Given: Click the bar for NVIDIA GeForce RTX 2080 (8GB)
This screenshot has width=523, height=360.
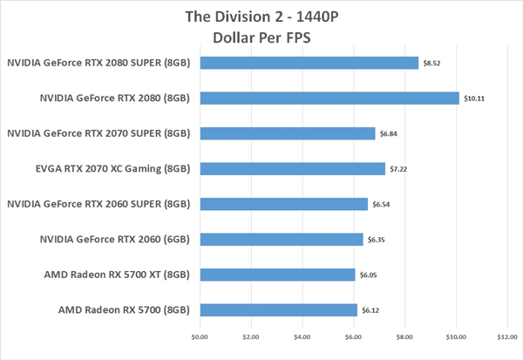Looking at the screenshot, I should click(x=329, y=98).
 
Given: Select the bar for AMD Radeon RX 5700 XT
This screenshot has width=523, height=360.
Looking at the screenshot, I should click(x=277, y=275).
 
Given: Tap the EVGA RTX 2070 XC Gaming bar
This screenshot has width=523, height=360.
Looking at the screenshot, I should click(x=292, y=168).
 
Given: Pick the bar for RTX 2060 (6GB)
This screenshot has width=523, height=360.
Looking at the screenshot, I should click(x=281, y=239).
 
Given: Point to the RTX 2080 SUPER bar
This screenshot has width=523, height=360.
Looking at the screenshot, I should click(x=309, y=63).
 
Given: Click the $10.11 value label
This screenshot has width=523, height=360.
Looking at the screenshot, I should click(x=474, y=98).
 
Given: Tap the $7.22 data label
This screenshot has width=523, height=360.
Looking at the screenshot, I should click(x=399, y=169).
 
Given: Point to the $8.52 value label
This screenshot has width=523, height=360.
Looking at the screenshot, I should click(x=432, y=64).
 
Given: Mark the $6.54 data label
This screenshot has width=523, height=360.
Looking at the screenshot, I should click(x=382, y=205).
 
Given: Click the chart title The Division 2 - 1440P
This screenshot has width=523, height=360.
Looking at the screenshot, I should click(x=261, y=17).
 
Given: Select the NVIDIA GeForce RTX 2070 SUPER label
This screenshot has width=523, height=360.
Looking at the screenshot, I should click(x=98, y=133).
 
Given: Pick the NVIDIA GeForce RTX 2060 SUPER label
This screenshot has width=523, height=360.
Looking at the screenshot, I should click(x=98, y=204).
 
